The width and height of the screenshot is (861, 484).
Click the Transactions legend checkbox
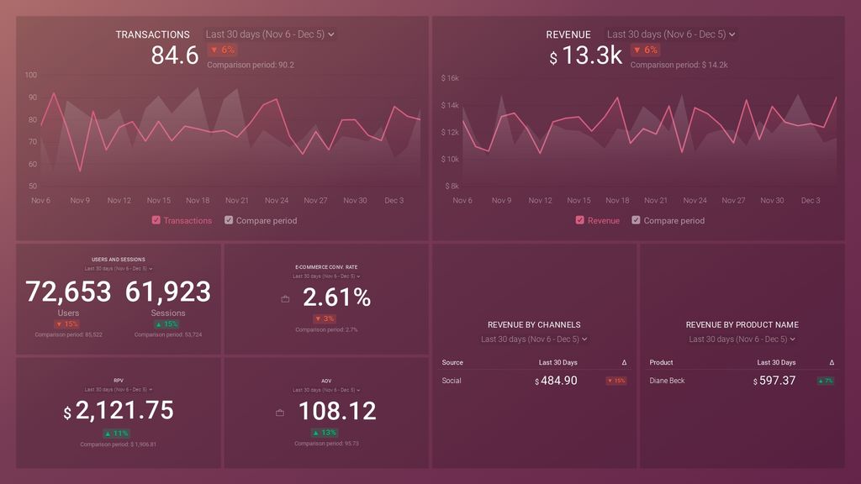[x=156, y=221]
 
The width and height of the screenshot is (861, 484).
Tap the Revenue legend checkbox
[x=580, y=221]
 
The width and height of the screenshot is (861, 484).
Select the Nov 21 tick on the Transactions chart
[x=237, y=201]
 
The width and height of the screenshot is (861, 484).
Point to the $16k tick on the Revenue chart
[x=450, y=79]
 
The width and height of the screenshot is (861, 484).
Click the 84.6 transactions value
[x=175, y=55]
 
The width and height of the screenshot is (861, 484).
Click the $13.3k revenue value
[x=586, y=56]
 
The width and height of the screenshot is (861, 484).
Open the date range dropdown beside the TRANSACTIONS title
[x=270, y=34]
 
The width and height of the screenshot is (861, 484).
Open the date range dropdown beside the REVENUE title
[x=671, y=34]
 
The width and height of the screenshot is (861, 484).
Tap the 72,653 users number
[x=68, y=292]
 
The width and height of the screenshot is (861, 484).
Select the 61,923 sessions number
[x=168, y=292]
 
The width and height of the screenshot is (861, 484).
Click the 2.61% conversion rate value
[x=336, y=297]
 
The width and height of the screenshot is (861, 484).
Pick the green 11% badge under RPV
[x=117, y=434]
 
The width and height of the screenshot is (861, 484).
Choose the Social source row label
[x=452, y=381]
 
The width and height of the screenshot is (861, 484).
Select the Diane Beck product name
[x=667, y=381]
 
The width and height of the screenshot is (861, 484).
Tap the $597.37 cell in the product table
[x=774, y=381]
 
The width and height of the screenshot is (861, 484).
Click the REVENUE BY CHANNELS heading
[x=534, y=324]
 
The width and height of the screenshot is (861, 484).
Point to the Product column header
[x=661, y=363]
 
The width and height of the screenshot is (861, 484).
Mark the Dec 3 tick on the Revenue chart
[x=811, y=201]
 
